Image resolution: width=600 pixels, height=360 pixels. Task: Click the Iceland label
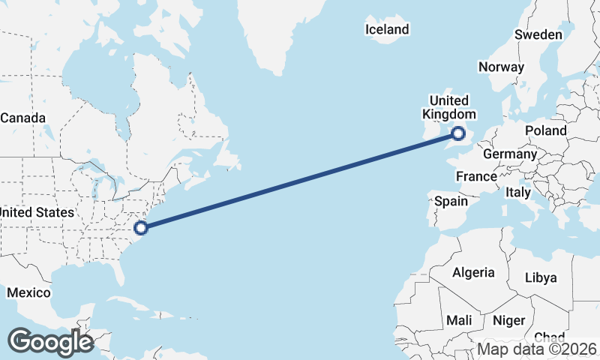[x=387, y=30]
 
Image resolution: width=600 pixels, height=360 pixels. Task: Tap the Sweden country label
[x=538, y=34]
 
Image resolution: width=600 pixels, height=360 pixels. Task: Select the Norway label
[x=501, y=67]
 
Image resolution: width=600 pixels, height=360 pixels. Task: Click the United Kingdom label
[x=449, y=107]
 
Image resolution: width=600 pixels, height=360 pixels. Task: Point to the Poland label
[x=546, y=130]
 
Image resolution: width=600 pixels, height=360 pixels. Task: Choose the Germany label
[x=510, y=154]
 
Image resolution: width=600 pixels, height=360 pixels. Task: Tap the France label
[x=477, y=177]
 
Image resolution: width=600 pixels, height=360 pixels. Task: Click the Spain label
[x=451, y=201]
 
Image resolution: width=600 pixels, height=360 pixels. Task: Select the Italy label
[x=517, y=193]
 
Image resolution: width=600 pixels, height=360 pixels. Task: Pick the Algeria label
[x=473, y=272]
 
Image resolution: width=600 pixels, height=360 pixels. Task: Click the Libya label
[x=541, y=277]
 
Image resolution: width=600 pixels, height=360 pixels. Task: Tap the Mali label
[x=459, y=320]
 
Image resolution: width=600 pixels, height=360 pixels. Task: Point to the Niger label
[x=509, y=320]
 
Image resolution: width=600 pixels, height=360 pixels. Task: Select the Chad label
[x=550, y=337]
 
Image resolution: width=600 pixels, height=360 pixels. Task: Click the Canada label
[x=23, y=118]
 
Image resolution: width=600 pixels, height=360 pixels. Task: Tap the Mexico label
[x=28, y=292]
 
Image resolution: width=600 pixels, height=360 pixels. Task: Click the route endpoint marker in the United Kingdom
[x=459, y=133]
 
